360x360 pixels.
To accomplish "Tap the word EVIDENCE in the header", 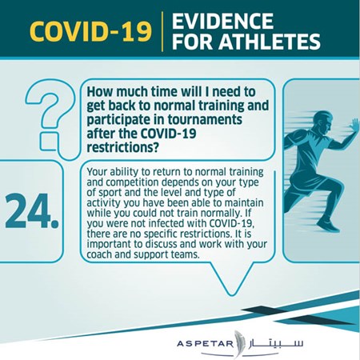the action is click(223, 21).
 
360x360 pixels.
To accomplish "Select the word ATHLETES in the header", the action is click(270, 42).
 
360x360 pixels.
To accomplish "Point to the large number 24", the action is click(32, 211).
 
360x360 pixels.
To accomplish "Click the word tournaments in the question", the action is click(205, 119).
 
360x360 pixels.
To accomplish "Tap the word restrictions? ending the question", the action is click(123, 147).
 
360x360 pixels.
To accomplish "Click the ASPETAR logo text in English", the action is click(205, 343).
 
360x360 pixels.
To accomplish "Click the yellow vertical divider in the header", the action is click(162, 31).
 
